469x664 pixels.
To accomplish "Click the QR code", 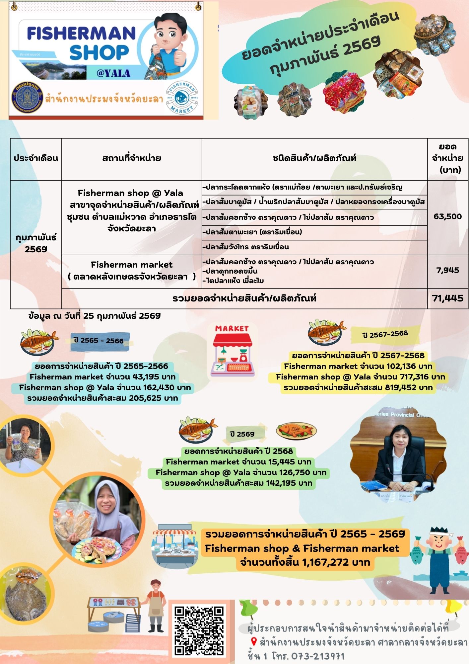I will coord(199,630).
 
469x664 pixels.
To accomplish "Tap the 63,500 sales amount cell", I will coord(447,216).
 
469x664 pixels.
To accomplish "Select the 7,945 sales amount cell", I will coord(447,270).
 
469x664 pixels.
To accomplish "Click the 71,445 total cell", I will coord(447,298).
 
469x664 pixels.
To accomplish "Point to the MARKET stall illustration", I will coord(232,351).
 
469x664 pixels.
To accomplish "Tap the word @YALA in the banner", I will coord(113,73).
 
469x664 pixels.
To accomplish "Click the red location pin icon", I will coord(254,642).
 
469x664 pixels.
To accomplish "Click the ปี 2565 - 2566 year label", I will coord(99,341).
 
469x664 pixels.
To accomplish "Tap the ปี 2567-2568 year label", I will coord(385,334).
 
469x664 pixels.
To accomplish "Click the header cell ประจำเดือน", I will coord(36,158).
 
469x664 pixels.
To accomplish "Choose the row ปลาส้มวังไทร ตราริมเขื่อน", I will coord(247,247).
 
